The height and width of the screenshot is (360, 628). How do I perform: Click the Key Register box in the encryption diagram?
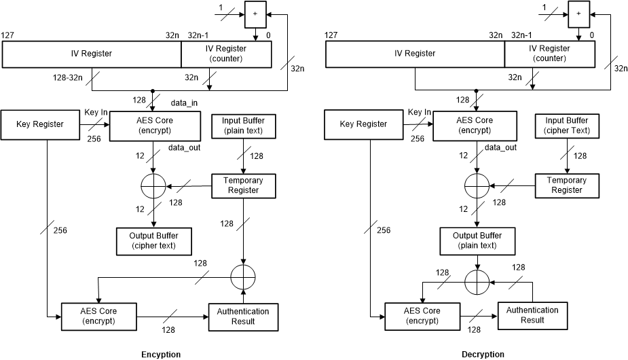coord(39,124)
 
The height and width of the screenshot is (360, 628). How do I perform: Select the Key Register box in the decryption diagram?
coord(363,124)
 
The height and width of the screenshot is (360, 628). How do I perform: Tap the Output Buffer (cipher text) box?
coord(153,240)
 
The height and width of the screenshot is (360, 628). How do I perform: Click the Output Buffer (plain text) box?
coord(477,240)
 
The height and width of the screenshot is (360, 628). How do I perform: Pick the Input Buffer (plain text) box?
coord(243,125)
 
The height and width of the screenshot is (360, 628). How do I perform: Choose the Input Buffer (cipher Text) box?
coord(567,125)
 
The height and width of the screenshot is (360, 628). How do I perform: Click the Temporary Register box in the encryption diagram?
coord(243,185)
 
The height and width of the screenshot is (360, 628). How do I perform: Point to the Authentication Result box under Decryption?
coord(533,315)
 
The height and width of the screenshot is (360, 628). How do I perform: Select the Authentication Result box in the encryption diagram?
coord(243,316)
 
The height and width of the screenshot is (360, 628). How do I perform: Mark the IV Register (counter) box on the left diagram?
coord(226,54)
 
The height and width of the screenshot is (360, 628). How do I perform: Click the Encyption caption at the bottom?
coord(161,354)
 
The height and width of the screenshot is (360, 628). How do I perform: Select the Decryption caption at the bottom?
coord(483,354)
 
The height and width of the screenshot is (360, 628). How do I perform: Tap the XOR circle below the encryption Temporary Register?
coord(242,276)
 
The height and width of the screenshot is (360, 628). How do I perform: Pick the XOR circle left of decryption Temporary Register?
coord(477,185)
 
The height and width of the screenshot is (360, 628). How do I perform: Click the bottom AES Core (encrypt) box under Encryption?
coord(99,316)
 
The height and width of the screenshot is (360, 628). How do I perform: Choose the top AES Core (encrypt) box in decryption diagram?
coord(477,125)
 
